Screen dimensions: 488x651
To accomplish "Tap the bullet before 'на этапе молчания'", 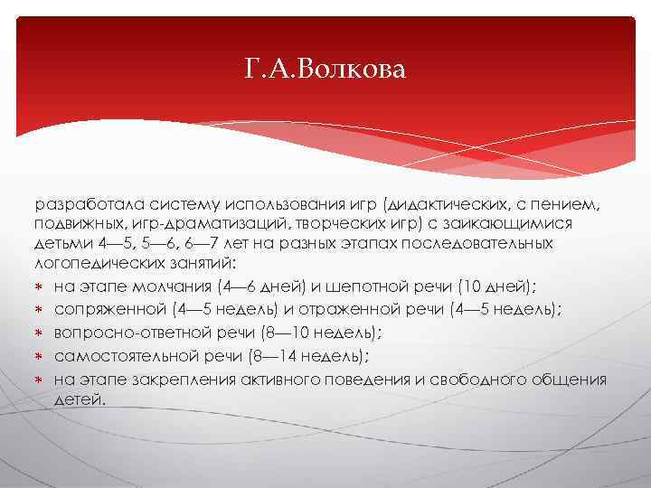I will (41, 287).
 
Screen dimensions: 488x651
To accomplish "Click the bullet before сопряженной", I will (41, 310).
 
